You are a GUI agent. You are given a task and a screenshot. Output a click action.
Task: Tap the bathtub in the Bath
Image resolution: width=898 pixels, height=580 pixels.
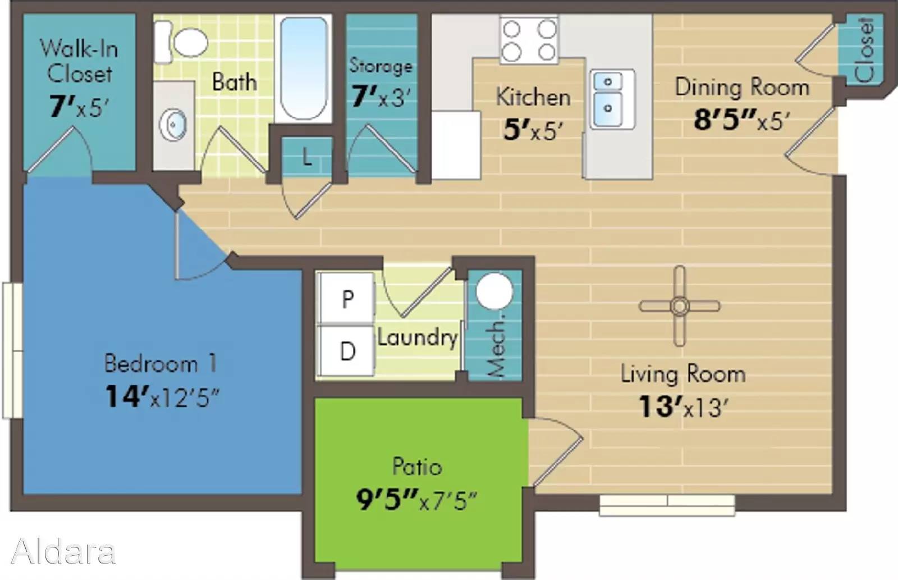click(x=304, y=68)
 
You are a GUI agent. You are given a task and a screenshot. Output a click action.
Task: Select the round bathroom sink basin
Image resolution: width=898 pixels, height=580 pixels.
click(x=173, y=125)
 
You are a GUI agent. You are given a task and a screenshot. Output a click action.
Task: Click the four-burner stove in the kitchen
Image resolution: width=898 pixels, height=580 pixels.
click(x=529, y=40)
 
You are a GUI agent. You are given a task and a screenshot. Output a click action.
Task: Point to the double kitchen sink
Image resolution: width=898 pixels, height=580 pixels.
click(x=612, y=99)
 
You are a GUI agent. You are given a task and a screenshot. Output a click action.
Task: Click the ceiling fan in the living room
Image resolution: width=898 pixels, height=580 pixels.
click(x=680, y=306)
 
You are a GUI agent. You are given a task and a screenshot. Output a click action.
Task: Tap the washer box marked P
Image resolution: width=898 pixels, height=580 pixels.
click(x=347, y=299)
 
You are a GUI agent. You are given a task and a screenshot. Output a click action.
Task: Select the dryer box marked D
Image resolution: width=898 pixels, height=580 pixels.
click(x=347, y=351)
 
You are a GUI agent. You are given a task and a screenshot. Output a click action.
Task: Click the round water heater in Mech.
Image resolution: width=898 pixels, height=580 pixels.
click(x=494, y=291)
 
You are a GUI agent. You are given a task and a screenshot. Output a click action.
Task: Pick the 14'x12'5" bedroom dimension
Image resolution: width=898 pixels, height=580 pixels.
click(x=162, y=397)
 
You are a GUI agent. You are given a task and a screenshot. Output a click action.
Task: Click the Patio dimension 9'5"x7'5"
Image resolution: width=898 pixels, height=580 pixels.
click(x=416, y=501)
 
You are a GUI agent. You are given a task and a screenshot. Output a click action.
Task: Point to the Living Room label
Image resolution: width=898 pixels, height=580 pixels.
click(x=683, y=375)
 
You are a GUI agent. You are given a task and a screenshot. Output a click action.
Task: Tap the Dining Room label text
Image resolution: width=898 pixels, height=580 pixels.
click(x=742, y=88)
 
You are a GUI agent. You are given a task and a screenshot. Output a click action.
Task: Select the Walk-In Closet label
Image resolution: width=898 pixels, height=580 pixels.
click(x=79, y=61)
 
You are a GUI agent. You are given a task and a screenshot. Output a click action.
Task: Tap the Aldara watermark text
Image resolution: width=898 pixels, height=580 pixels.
click(x=63, y=551)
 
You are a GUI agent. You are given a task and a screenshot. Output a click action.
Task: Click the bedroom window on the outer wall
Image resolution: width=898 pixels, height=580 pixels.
click(x=12, y=350)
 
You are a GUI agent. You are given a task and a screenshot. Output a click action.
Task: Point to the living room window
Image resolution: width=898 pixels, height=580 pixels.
click(x=667, y=505)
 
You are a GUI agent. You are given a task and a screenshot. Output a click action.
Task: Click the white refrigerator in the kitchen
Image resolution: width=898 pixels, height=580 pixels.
click(x=456, y=145)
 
